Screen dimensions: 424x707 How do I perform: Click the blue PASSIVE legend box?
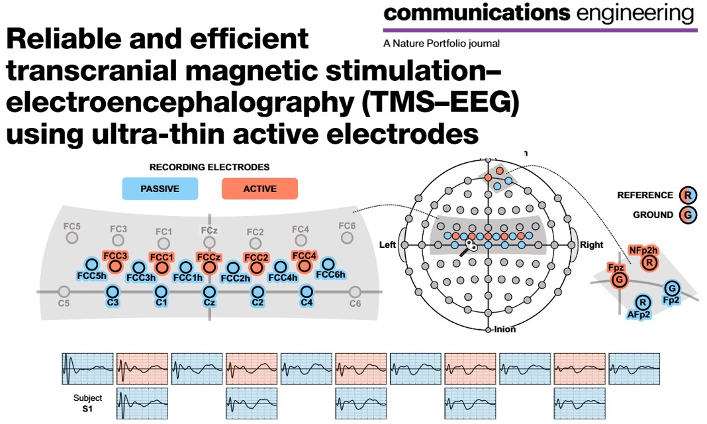pyautogui.click(x=160, y=189)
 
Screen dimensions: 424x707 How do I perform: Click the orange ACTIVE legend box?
pyautogui.click(x=259, y=189)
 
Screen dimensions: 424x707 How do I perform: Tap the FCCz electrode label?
pyautogui.click(x=209, y=256)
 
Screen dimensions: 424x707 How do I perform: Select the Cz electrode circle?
pyautogui.click(x=209, y=291)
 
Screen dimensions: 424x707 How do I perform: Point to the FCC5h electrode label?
pyautogui.click(x=91, y=275)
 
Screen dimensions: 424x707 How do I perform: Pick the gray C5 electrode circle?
pyautogui.click(x=64, y=291)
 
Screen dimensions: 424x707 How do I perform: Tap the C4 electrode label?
pyautogui.click(x=306, y=303)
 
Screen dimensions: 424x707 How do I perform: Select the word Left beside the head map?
pyautogui.click(x=387, y=244)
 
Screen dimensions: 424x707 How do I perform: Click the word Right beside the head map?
pyautogui.click(x=591, y=244)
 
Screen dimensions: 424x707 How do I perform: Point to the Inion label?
pyautogui.click(x=504, y=329)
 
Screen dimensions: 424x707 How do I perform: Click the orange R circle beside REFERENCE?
pyautogui.click(x=688, y=196)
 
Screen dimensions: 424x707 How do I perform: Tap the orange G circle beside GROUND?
pyautogui.click(x=688, y=215)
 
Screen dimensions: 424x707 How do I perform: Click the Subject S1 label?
pyautogui.click(x=87, y=403)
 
